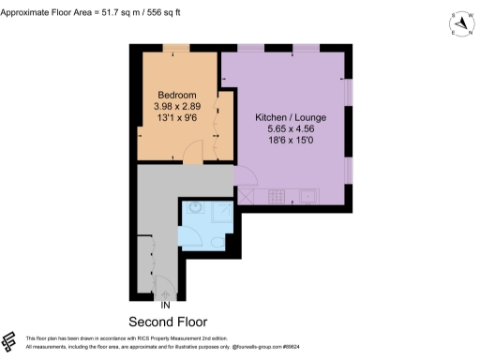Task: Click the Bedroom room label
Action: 176,96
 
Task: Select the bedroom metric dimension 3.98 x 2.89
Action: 176,107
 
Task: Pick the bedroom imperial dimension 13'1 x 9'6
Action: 176,118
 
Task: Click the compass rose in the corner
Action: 458,24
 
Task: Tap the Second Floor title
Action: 167,321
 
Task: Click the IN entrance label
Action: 165,305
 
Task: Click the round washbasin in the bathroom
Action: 195,209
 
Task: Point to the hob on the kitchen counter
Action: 277,196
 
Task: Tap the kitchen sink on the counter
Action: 307,196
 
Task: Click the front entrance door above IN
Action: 163,287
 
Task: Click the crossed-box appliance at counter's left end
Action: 247,196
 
